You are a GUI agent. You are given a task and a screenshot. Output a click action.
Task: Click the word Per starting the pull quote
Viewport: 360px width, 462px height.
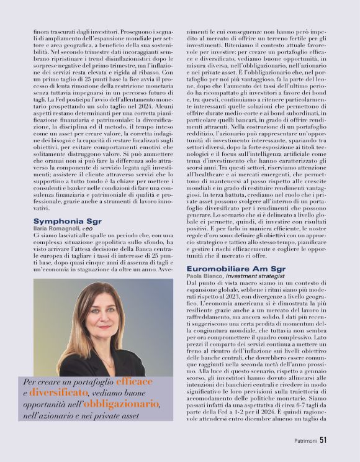click(x=30, y=382)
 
